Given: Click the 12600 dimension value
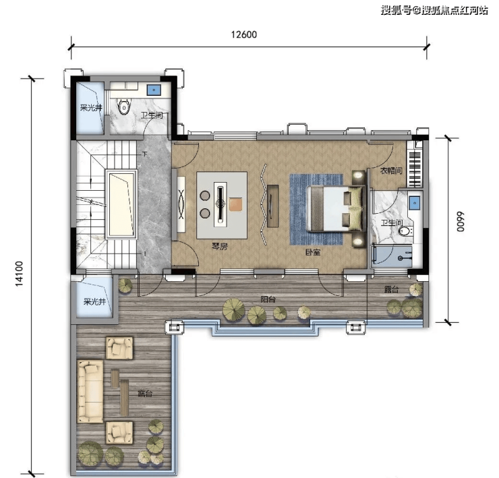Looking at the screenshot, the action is [x=244, y=34].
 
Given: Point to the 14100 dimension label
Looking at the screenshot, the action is [x=20, y=273].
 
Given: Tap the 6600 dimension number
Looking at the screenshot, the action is [x=461, y=222].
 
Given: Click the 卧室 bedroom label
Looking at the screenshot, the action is [x=313, y=252].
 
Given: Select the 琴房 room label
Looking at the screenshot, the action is [x=220, y=246].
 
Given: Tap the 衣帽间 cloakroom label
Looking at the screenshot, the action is [x=391, y=171].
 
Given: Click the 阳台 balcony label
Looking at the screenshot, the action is [x=268, y=299].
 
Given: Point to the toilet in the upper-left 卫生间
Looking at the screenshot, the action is [x=124, y=107].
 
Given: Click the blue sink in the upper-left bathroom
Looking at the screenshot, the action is [x=154, y=90].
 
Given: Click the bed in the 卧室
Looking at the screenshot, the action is [x=334, y=208].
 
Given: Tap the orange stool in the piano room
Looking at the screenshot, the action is [x=236, y=204].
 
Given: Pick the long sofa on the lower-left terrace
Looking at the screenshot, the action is [x=90, y=391].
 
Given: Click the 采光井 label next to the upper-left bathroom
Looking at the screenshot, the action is [x=91, y=108].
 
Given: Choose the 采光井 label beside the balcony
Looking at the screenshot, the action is [x=94, y=301].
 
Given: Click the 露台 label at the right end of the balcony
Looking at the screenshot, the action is [x=391, y=289].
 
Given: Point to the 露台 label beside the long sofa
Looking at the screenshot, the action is [x=145, y=394].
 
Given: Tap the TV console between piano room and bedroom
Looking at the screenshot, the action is [x=272, y=206].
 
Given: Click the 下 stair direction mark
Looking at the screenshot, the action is [x=145, y=154].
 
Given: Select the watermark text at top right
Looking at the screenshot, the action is [x=434, y=10].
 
